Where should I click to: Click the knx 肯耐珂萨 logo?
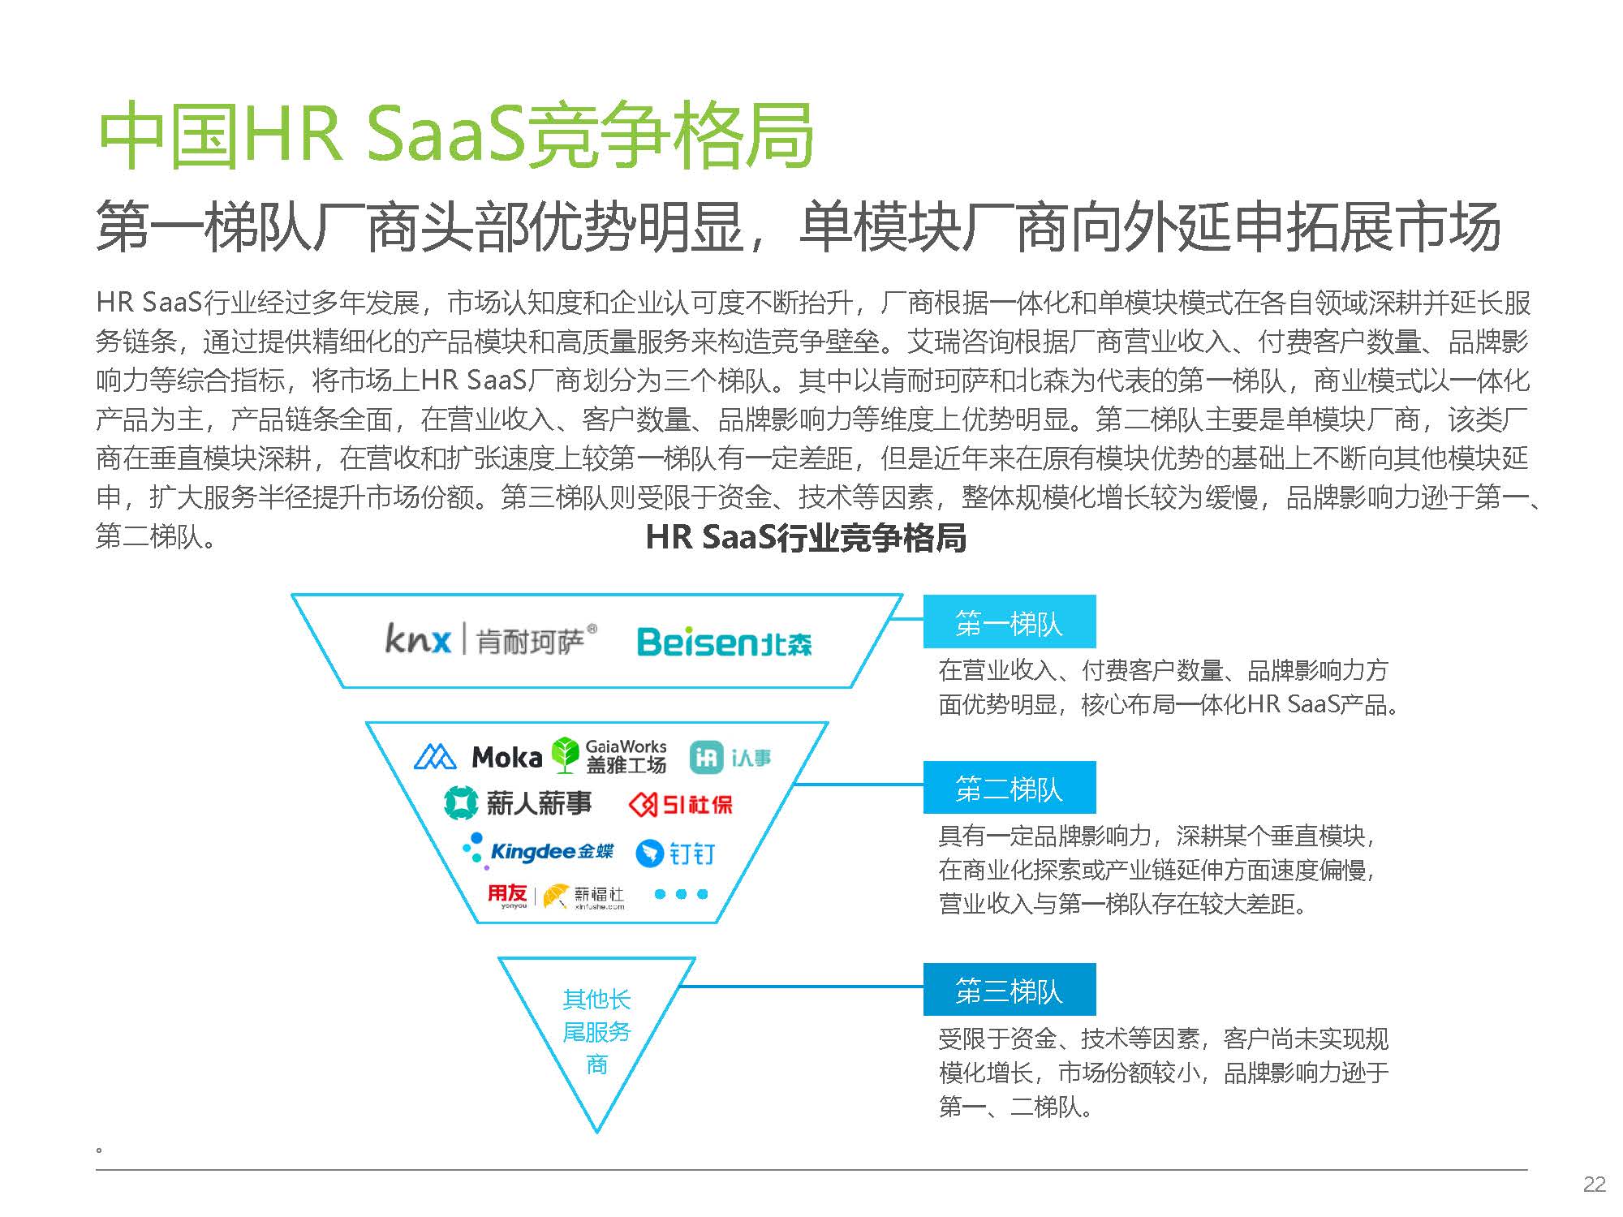point(491,640)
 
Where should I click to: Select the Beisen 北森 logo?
point(724,642)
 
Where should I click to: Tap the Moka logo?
point(478,757)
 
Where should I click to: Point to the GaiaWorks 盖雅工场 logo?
point(609,755)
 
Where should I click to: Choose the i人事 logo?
point(730,757)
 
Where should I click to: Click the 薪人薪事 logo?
point(518,803)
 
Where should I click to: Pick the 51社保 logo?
point(681,804)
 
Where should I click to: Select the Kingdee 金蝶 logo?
point(537,851)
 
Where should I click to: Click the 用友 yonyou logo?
point(507,896)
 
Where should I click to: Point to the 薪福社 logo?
point(584,897)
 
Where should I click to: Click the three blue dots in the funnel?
point(681,894)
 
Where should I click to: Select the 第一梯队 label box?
point(1010,621)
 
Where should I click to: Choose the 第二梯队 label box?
point(1010,787)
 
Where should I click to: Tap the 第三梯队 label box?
point(1010,989)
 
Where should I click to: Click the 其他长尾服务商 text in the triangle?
point(596,1031)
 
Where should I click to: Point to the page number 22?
point(1595,1185)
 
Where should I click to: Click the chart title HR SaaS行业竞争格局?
point(806,537)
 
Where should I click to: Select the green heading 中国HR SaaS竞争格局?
point(455,135)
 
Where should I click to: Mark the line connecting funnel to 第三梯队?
point(802,987)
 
